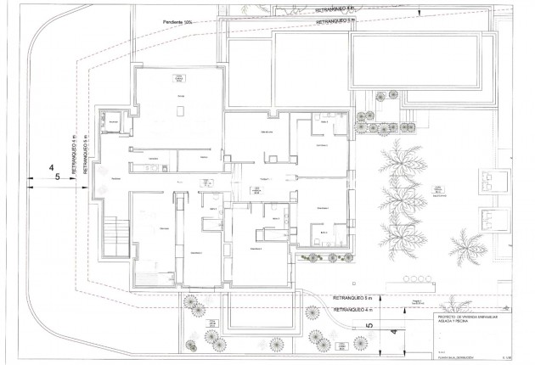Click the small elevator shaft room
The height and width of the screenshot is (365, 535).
click(113, 123)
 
